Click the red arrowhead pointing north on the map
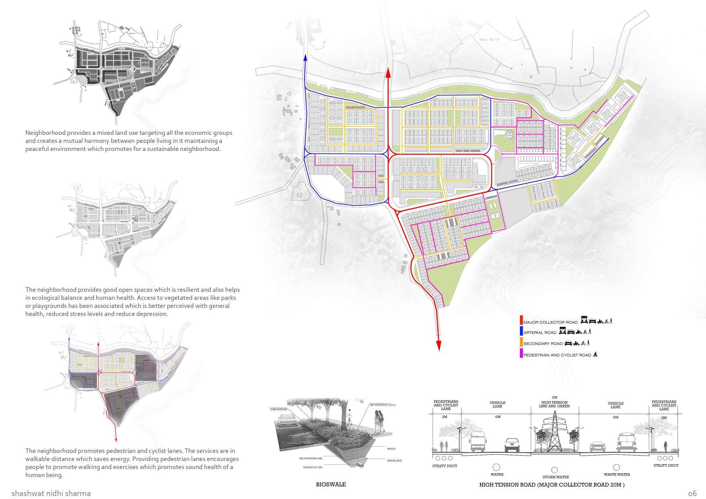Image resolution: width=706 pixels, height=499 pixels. pyautogui.click(x=388, y=73)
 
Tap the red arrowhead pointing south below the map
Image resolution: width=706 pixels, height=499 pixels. pyautogui.click(x=439, y=345)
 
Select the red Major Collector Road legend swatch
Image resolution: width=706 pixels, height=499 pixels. pyautogui.click(x=521, y=321)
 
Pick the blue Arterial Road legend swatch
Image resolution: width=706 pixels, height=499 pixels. pyautogui.click(x=521, y=332)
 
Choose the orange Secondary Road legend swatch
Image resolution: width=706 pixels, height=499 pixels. pyautogui.click(x=521, y=343)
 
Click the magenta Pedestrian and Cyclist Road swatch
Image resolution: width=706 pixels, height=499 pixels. pyautogui.click(x=521, y=354)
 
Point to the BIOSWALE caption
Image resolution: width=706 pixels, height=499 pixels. pyautogui.click(x=331, y=485)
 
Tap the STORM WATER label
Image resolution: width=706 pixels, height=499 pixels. pyautogui.click(x=554, y=477)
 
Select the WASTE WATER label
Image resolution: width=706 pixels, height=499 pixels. pyautogui.click(x=616, y=475)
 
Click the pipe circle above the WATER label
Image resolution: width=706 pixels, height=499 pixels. pyautogui.click(x=497, y=467)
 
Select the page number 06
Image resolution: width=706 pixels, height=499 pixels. pyautogui.click(x=692, y=493)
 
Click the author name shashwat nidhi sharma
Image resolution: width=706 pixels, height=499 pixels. pyautogui.click(x=51, y=493)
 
